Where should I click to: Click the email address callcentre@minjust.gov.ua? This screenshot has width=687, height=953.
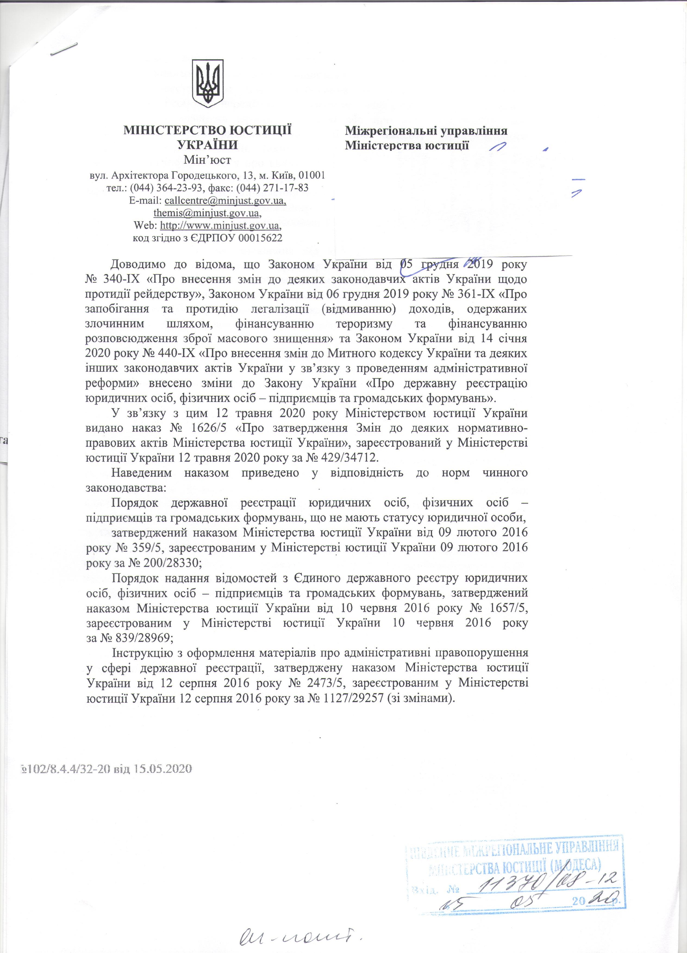(226, 201)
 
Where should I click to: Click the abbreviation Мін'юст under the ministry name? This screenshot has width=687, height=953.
(208, 160)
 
